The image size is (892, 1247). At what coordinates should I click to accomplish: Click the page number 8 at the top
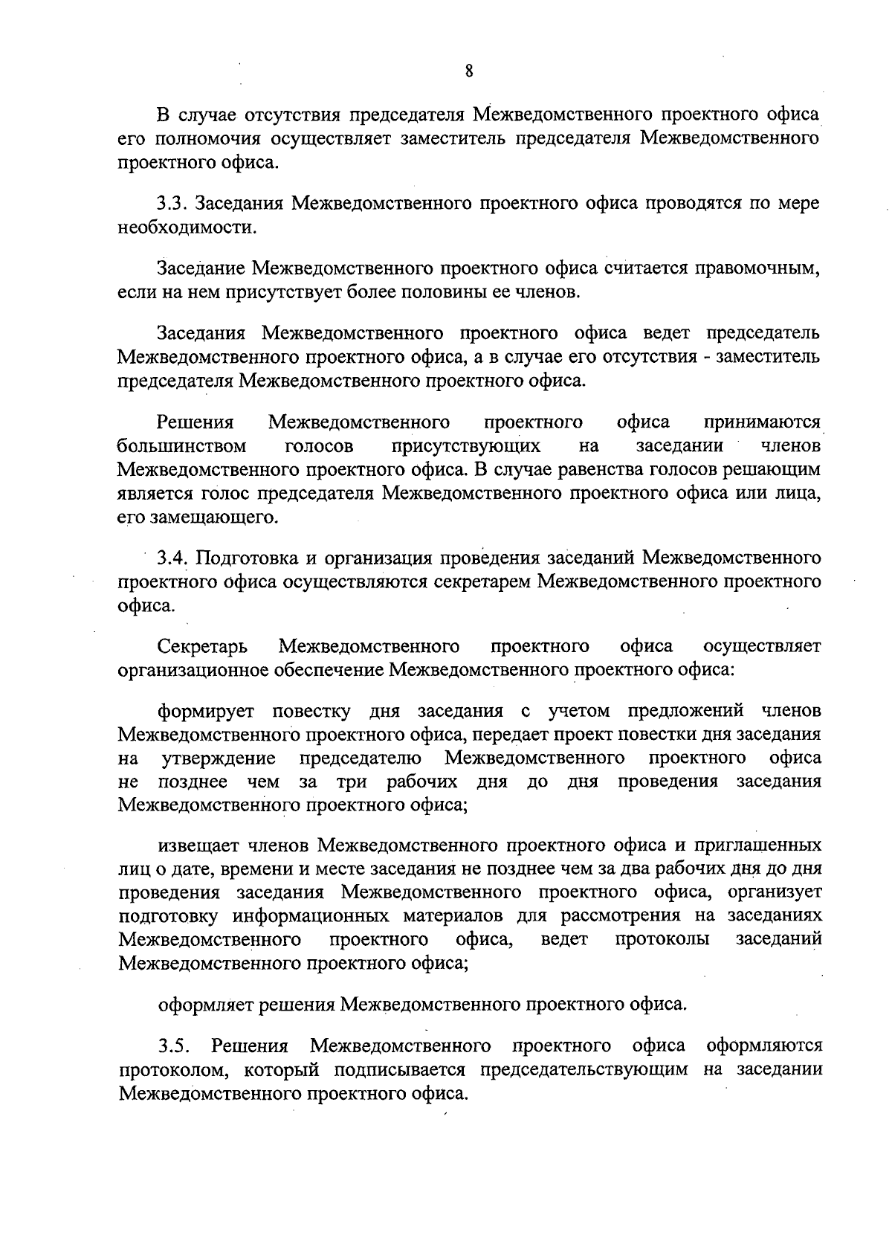(x=469, y=71)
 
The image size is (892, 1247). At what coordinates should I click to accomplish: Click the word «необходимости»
(x=186, y=228)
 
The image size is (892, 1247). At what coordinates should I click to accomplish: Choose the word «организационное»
(x=198, y=670)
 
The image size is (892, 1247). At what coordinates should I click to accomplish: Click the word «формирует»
(x=205, y=711)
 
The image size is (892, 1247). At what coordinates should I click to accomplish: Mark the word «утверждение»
(x=219, y=758)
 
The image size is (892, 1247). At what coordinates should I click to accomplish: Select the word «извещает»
(x=199, y=845)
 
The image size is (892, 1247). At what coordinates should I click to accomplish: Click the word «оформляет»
(x=203, y=1005)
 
